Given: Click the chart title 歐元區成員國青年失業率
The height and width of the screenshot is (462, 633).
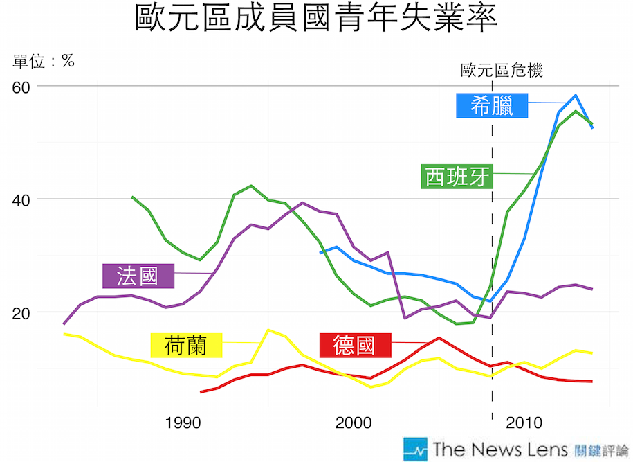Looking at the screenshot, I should (x=315, y=21).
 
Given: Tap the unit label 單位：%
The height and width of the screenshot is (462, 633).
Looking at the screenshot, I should (x=44, y=61).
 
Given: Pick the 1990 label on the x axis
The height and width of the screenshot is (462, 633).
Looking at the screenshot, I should (x=183, y=423).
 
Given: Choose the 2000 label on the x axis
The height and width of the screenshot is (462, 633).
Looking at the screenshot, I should (x=354, y=423).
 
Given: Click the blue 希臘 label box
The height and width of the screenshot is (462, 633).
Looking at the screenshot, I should (x=492, y=105).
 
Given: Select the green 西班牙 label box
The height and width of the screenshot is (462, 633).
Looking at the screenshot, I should (x=457, y=177).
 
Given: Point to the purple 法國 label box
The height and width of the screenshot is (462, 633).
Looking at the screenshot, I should (x=137, y=276).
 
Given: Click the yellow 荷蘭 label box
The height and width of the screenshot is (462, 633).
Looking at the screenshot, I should (x=185, y=344).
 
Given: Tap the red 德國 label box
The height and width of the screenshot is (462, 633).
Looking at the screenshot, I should (x=354, y=344).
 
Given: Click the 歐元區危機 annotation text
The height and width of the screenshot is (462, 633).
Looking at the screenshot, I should (x=502, y=70).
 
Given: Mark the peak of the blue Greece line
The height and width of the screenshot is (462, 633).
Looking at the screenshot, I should (x=575, y=96).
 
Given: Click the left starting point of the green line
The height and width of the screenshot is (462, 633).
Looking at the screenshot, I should (x=132, y=197).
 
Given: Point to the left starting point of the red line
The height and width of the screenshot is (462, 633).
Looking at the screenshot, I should (x=201, y=392).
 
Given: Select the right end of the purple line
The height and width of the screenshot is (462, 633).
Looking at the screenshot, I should (x=592, y=289).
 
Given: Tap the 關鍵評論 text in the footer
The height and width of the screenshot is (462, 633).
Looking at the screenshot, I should (x=601, y=450).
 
